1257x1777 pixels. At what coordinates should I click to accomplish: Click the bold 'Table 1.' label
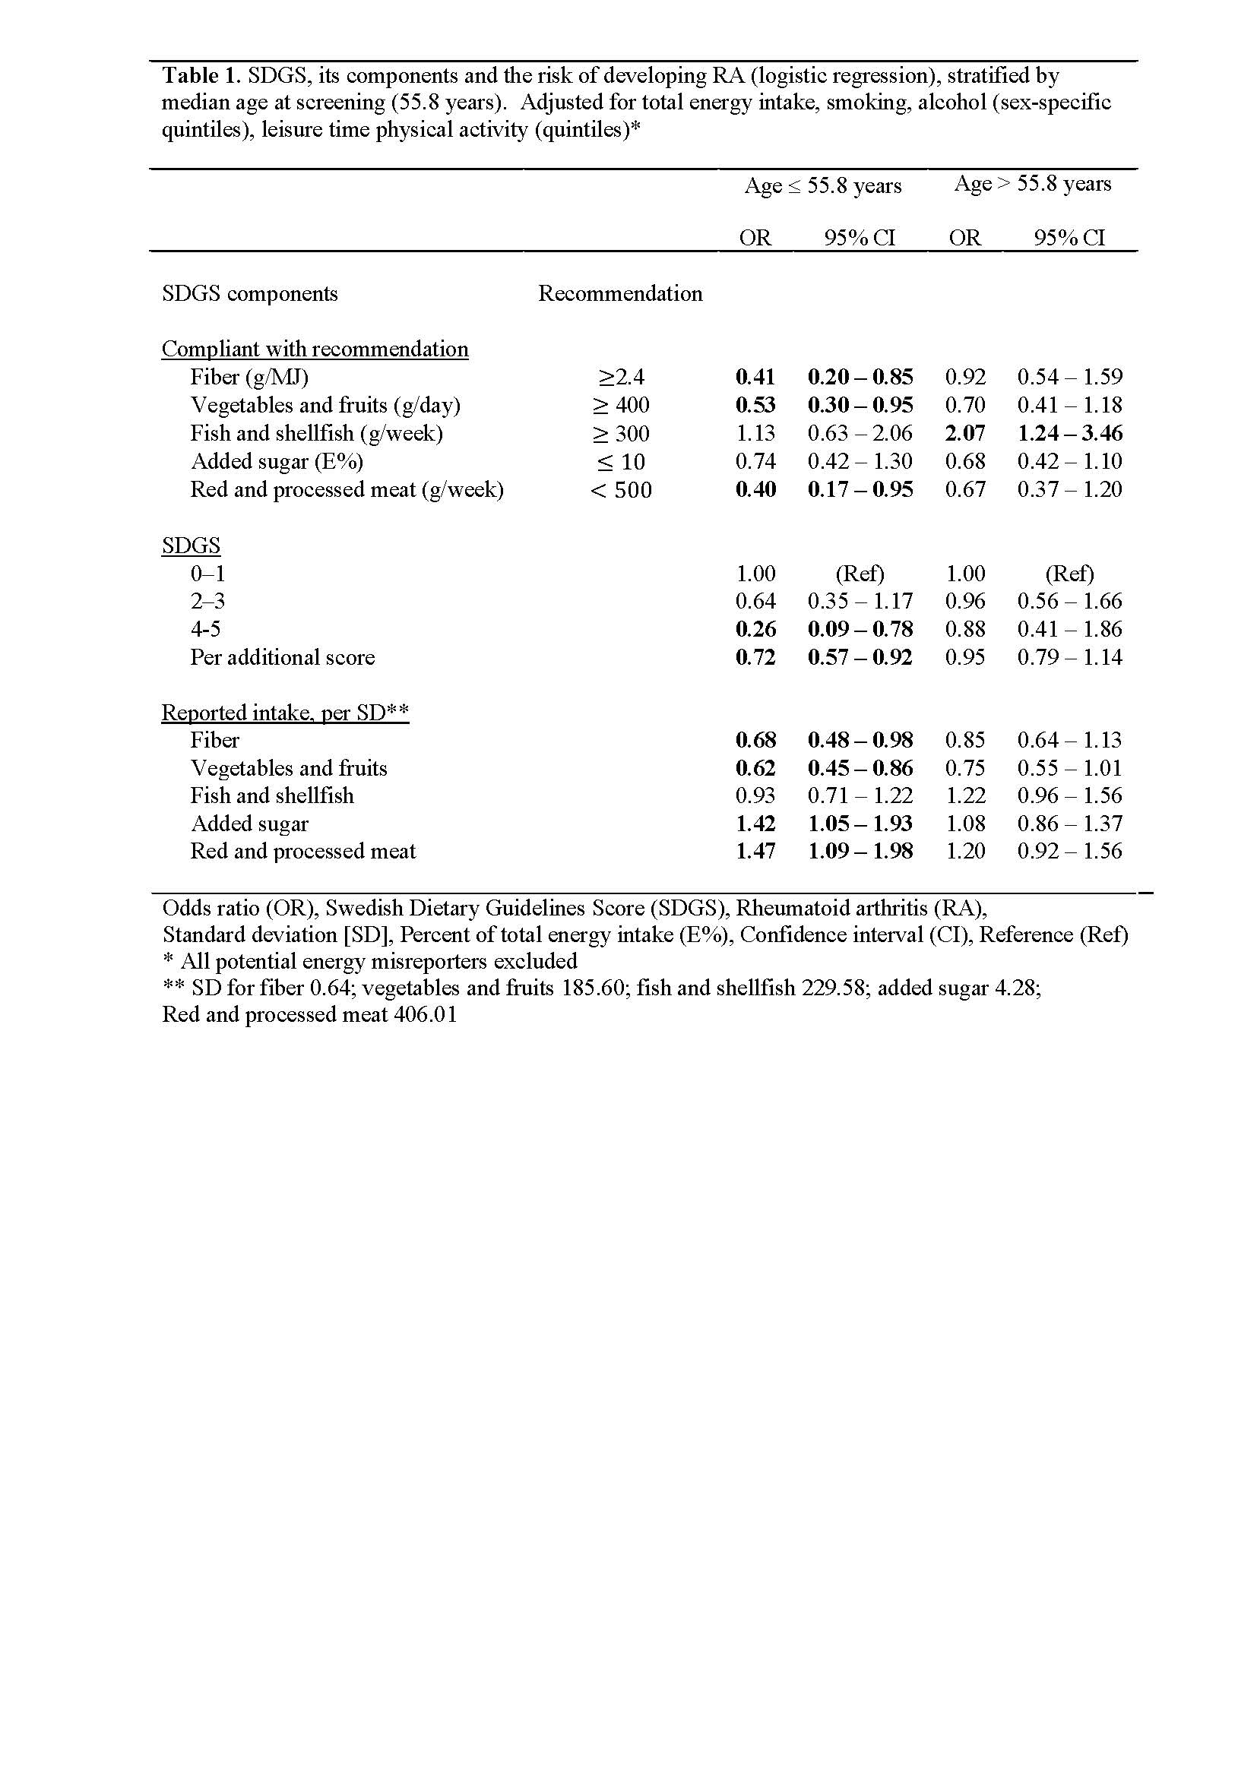click(201, 76)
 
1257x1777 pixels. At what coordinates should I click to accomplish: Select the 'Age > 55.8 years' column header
click(1033, 184)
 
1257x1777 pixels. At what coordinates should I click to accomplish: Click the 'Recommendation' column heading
click(620, 294)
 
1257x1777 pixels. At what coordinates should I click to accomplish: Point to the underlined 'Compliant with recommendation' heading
click(315, 349)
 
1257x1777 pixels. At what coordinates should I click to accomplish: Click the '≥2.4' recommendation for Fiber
click(621, 378)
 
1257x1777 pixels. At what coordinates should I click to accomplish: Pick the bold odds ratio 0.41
click(755, 378)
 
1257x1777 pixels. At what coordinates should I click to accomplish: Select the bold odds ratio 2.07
click(964, 433)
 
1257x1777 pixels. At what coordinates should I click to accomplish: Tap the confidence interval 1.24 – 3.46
click(1070, 433)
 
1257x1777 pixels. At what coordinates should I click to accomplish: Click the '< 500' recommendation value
click(621, 490)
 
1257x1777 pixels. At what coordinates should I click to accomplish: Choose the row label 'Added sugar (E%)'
click(277, 461)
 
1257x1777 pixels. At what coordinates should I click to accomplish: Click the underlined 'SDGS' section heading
click(191, 545)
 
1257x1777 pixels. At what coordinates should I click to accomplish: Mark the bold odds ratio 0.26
click(755, 629)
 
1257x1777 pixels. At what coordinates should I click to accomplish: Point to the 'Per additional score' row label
click(283, 658)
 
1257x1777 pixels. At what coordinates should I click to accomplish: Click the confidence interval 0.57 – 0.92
click(860, 658)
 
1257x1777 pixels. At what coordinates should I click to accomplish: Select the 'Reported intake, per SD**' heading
click(285, 712)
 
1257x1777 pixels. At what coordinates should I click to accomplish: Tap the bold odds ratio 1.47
click(755, 852)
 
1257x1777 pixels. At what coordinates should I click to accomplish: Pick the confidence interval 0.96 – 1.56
click(1070, 795)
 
